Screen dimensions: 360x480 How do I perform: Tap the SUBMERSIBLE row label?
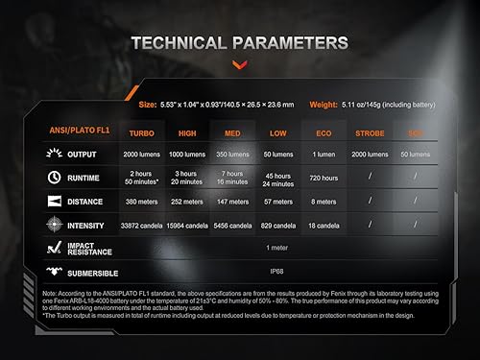click(x=93, y=271)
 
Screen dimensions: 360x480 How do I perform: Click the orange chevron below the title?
click(x=239, y=64)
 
